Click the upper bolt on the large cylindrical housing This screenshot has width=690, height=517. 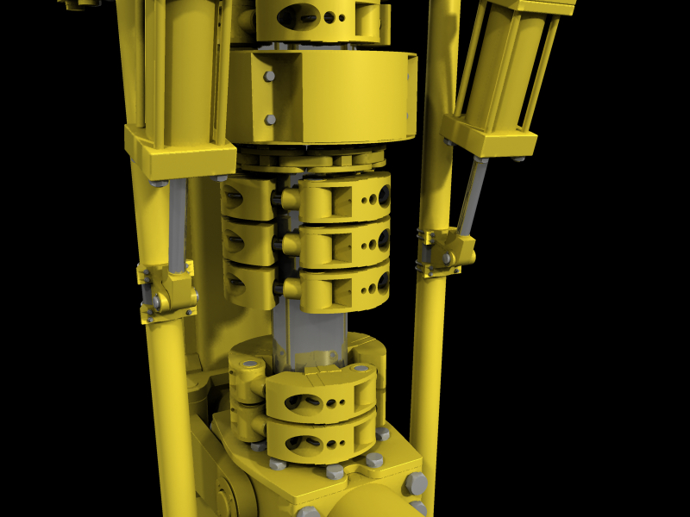click(x=270, y=76)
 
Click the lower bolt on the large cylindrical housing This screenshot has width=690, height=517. click(x=270, y=119)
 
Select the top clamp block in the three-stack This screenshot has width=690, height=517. click(x=343, y=198)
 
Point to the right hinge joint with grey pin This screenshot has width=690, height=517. click(x=448, y=257)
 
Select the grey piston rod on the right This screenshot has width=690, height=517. click(x=473, y=196)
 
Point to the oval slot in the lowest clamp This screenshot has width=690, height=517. click(x=302, y=444)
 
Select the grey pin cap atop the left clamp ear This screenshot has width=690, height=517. click(x=251, y=365)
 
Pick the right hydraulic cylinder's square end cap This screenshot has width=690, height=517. click(x=487, y=138)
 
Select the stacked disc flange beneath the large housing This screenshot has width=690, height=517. click(x=310, y=160)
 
